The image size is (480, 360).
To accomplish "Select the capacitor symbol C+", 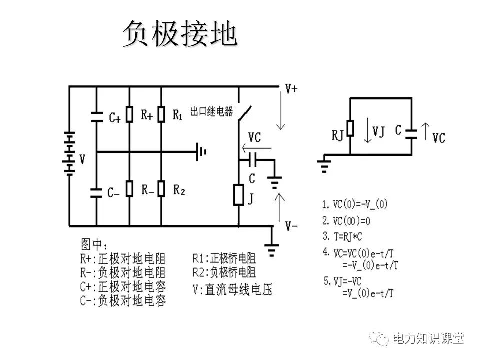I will pos(96,117).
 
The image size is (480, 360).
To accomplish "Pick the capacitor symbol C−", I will pos(96,192).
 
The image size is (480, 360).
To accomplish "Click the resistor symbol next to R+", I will pos(129,115).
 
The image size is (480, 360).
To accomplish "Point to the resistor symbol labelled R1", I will pos(161,115).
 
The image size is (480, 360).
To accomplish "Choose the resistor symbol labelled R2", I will pos(161,188).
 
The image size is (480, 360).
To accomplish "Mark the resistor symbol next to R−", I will pos(129,188).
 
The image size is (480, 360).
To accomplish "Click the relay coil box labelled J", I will pos(238,195).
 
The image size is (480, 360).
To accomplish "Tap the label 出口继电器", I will pos(212,111).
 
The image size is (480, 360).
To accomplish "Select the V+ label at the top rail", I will pos(291,89).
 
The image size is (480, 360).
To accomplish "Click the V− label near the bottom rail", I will pos(291,226).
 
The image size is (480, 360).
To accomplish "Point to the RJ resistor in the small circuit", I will pos(350,128).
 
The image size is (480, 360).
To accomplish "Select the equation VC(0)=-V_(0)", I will pos(355,204).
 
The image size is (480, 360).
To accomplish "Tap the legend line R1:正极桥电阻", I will pos(224,258).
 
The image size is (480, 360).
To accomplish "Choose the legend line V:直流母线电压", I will pos(232,289).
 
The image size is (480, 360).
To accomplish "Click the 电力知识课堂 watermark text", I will pos(428,339).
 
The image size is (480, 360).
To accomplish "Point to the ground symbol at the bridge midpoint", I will pos(202,151).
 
